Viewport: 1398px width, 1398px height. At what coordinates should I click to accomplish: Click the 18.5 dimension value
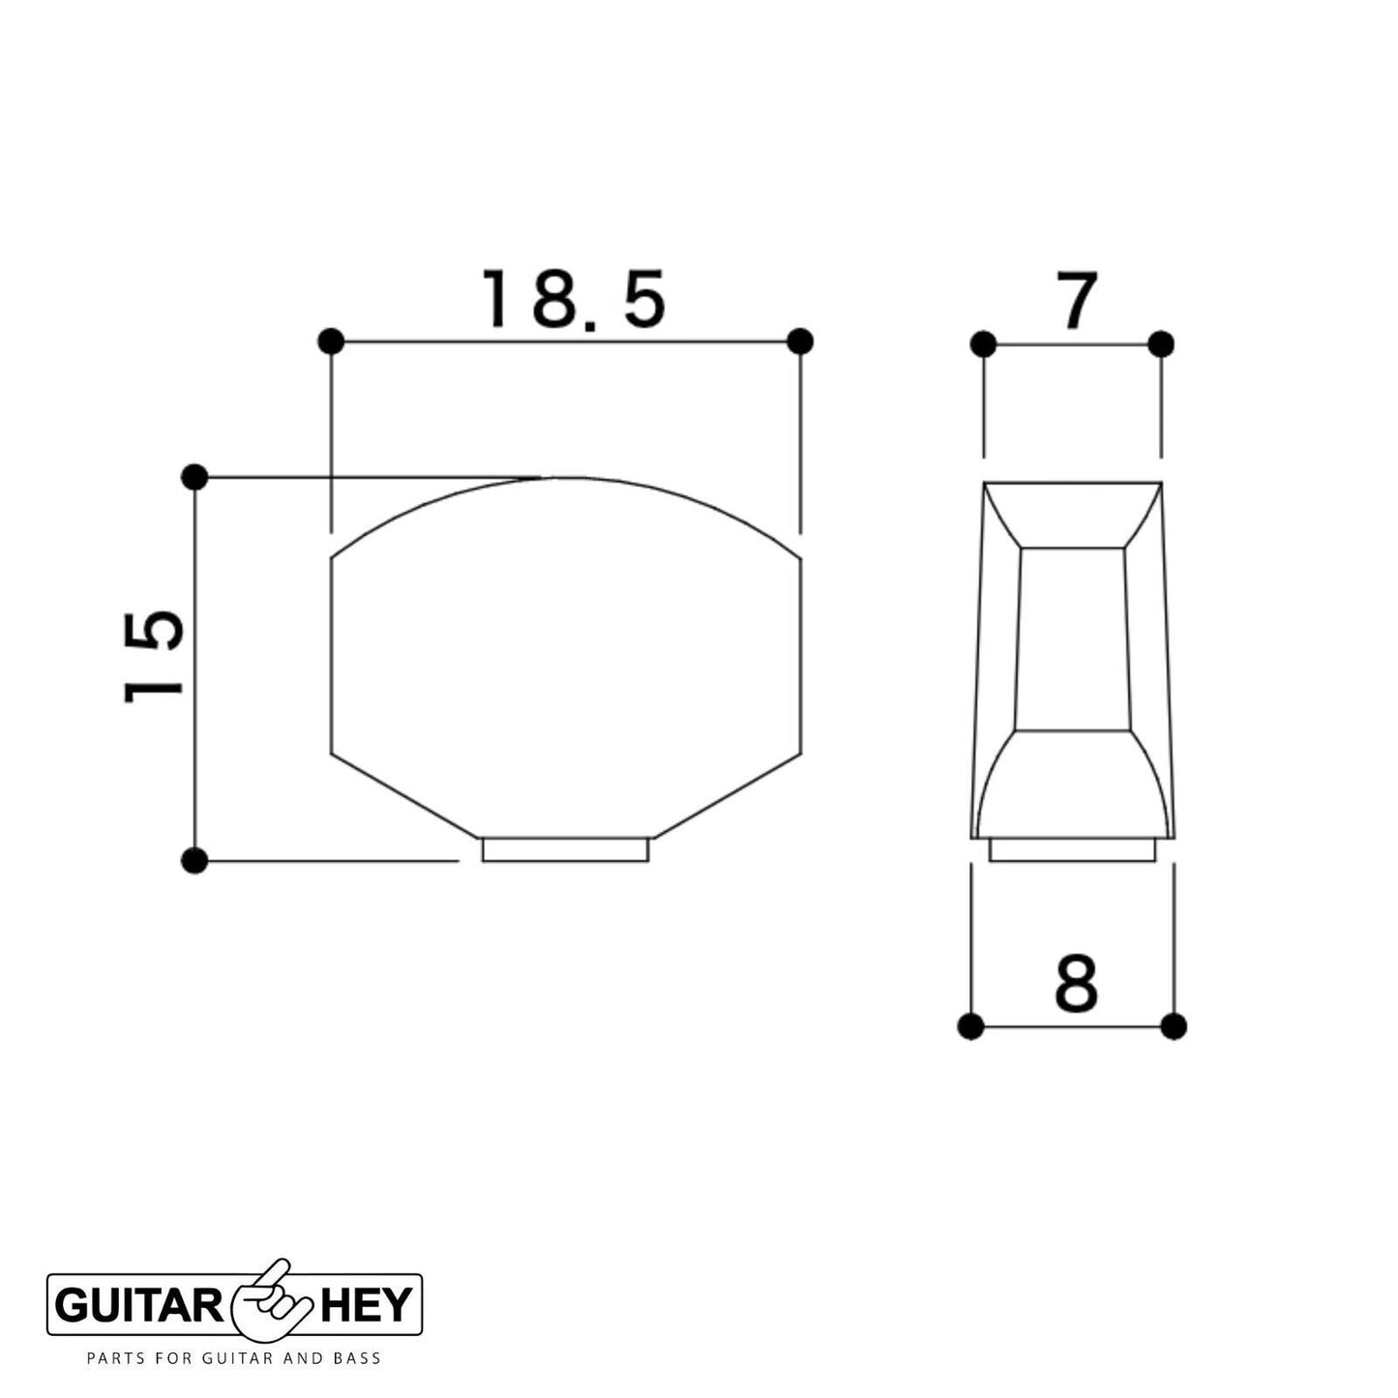(575, 299)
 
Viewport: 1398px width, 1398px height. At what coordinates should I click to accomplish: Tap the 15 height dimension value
(155, 655)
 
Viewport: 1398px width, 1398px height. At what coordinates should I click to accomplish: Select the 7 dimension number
(1076, 301)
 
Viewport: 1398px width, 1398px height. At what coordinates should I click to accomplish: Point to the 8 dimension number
(1076, 984)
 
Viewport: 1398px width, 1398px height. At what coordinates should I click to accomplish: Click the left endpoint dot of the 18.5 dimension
(331, 342)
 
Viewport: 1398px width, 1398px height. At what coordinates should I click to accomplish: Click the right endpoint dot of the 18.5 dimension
(800, 342)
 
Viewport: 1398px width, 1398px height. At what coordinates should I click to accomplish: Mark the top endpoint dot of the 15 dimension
(194, 477)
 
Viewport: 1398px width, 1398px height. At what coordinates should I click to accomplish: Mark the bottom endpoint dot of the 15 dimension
(194, 860)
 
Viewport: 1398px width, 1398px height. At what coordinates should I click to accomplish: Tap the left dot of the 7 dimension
(983, 343)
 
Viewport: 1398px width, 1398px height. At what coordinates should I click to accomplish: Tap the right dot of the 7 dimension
(1161, 343)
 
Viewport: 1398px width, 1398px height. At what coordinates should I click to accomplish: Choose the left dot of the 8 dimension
(970, 1026)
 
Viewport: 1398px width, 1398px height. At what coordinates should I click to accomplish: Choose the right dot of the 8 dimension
(1174, 1026)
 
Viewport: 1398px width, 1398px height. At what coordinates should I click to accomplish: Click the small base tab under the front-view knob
(566, 850)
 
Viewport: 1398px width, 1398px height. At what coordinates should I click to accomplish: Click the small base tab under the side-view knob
(1072, 849)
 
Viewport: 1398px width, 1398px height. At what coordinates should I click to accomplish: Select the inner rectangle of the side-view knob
(1072, 639)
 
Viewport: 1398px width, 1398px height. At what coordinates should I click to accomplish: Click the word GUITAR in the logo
(139, 1306)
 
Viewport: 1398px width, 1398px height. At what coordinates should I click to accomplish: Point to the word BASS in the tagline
(357, 1358)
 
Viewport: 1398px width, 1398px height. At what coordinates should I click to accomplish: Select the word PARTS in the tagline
(112, 1358)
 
